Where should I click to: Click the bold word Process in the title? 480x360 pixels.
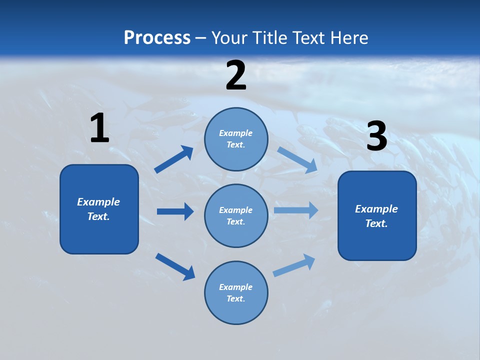(157, 37)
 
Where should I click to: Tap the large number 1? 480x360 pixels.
(99, 128)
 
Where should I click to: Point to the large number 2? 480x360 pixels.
(236, 75)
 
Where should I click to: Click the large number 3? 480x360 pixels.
(376, 136)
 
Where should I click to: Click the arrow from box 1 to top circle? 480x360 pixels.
(173, 159)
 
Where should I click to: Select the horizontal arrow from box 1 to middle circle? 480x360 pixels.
(175, 211)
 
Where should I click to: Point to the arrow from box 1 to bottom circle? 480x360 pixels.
(175, 266)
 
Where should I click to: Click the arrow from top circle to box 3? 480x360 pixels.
(297, 159)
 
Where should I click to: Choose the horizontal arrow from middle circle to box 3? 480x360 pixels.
(296, 210)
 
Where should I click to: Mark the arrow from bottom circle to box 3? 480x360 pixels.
(294, 265)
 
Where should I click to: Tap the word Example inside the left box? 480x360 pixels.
(98, 202)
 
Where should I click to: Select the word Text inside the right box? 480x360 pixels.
(376, 223)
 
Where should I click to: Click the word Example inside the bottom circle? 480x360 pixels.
(235, 287)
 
